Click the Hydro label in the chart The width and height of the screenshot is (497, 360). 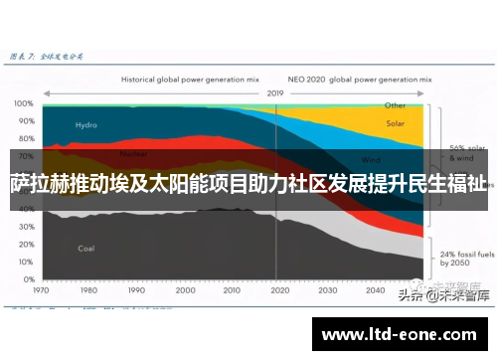point(86,125)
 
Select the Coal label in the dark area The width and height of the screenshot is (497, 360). point(86,248)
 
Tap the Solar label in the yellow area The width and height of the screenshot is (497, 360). point(396,124)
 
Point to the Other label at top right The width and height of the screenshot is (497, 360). point(396,104)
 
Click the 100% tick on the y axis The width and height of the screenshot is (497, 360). point(24,103)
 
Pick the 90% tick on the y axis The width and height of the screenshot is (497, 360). point(26,121)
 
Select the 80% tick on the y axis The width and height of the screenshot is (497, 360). point(26,139)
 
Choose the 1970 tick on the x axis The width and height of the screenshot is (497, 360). point(41,292)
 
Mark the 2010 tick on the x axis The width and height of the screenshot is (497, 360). point(231,292)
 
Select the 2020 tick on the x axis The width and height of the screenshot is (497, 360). point(278,292)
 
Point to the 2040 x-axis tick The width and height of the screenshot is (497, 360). point(374,292)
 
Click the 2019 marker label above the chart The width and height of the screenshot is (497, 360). point(275,92)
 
